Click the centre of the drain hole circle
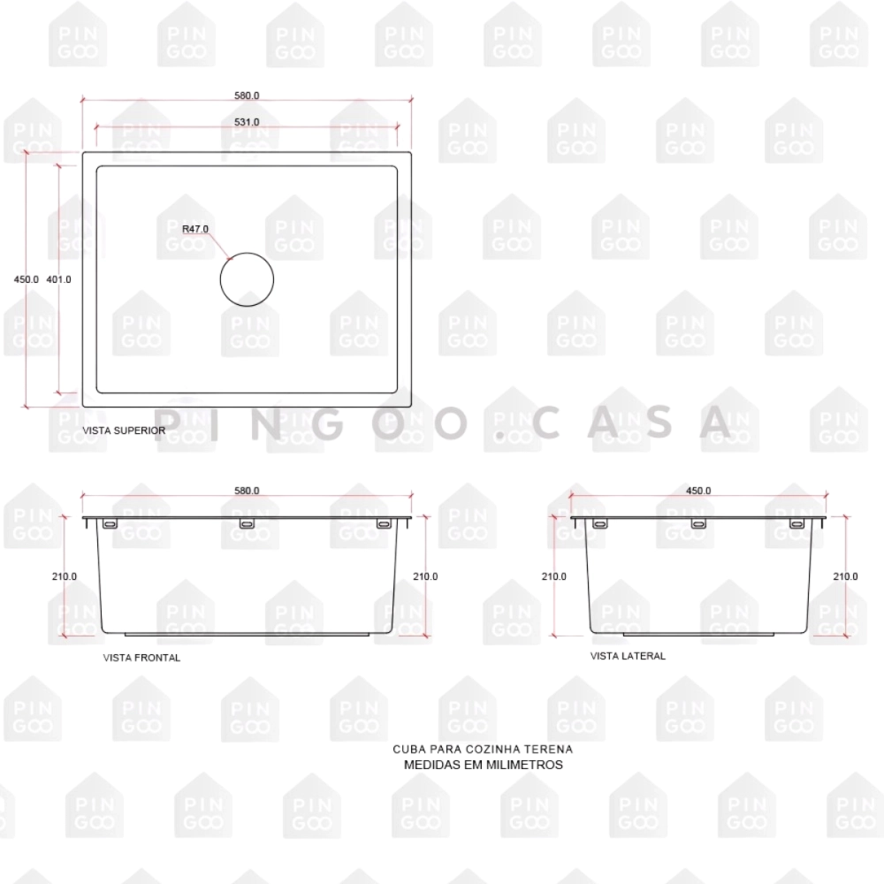pyautogui.click(x=247, y=279)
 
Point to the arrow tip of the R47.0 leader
pyautogui.click(x=232, y=260)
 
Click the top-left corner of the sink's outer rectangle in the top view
pyautogui.click(x=83, y=152)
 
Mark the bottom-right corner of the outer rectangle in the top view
pyautogui.click(x=411, y=407)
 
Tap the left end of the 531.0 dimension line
pyautogui.click(x=95, y=126)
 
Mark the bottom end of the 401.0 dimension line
pyautogui.click(x=58, y=392)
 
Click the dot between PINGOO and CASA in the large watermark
pyautogui.click(x=500, y=435)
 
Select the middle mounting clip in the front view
pyautogui.click(x=247, y=524)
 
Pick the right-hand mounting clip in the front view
pyautogui.click(x=384, y=524)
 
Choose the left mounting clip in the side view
pyautogui.click(x=600, y=524)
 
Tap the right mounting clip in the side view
pyautogui.click(x=796, y=524)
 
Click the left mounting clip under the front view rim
pyautogui.click(x=110, y=524)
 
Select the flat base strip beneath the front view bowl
pyautogui.click(x=247, y=634)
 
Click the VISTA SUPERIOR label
pyautogui.click(x=124, y=431)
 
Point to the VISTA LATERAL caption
pyautogui.click(x=628, y=656)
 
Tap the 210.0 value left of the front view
pyautogui.click(x=65, y=576)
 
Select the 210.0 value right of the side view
pyautogui.click(x=845, y=576)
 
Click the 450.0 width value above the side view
pyautogui.click(x=698, y=491)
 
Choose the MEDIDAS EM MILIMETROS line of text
pyautogui.click(x=484, y=765)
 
